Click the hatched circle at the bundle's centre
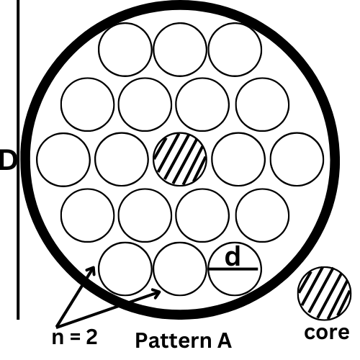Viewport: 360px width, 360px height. pyautogui.click(x=180, y=159)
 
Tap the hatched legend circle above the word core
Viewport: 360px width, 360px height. pyautogui.click(x=325, y=293)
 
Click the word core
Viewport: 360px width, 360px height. pyautogui.click(x=327, y=333)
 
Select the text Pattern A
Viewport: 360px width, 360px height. pyautogui.click(x=184, y=341)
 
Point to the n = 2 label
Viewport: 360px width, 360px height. pyautogui.click(x=75, y=337)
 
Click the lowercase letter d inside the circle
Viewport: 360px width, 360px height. pyautogui.click(x=233, y=256)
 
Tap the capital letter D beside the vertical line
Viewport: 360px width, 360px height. pyautogui.click(x=8, y=160)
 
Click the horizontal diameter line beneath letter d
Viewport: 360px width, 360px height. pyautogui.click(x=233, y=269)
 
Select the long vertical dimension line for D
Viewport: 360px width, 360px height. pyautogui.click(x=18, y=160)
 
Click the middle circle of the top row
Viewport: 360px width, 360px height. pyautogui.click(x=180, y=50)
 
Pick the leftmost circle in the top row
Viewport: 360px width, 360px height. pyautogui.click(x=125, y=50)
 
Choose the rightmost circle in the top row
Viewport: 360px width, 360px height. pyautogui.click(x=235, y=50)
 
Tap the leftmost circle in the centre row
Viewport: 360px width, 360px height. pyautogui.click(x=63, y=159)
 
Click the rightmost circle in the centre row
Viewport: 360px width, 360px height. pyautogui.click(x=297, y=159)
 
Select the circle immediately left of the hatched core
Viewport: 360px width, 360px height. pyautogui.click(x=122, y=159)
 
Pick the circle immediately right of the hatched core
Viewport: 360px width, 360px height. pyautogui.click(x=238, y=159)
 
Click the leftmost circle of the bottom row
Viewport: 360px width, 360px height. pyautogui.click(x=125, y=269)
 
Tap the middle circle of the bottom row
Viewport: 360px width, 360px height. pyautogui.click(x=180, y=269)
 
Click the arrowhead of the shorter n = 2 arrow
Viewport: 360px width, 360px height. pyautogui.click(x=92, y=270)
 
